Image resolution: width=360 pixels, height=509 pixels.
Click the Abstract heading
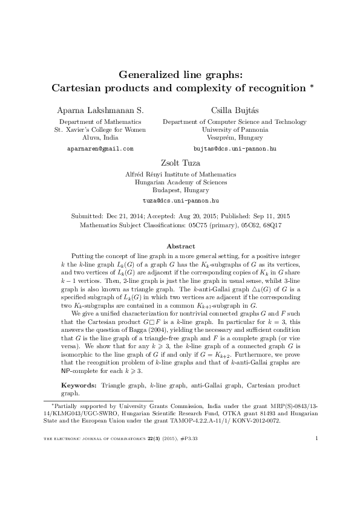[180, 246]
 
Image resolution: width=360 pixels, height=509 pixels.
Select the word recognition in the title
[272, 88]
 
